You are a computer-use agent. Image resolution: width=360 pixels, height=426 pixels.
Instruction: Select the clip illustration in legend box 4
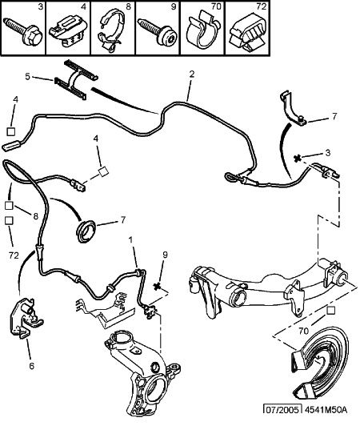(x=68, y=31)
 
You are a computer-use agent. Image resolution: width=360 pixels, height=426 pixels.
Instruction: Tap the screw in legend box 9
(x=158, y=32)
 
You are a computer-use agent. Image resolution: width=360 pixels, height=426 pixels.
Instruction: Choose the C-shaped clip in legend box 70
(x=202, y=30)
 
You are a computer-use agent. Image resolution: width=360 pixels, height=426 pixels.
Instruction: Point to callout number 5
(x=27, y=77)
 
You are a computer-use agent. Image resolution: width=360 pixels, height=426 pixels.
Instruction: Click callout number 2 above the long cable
(x=192, y=74)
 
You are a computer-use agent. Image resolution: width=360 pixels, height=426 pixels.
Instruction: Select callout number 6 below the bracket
(x=32, y=366)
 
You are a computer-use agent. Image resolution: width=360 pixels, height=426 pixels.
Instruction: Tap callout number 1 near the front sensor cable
(x=131, y=240)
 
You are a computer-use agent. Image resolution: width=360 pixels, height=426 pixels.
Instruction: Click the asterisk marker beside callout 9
(x=157, y=286)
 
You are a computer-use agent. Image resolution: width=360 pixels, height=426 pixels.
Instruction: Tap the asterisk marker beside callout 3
(x=298, y=158)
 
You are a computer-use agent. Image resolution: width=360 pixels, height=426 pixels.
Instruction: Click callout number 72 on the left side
(x=14, y=255)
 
